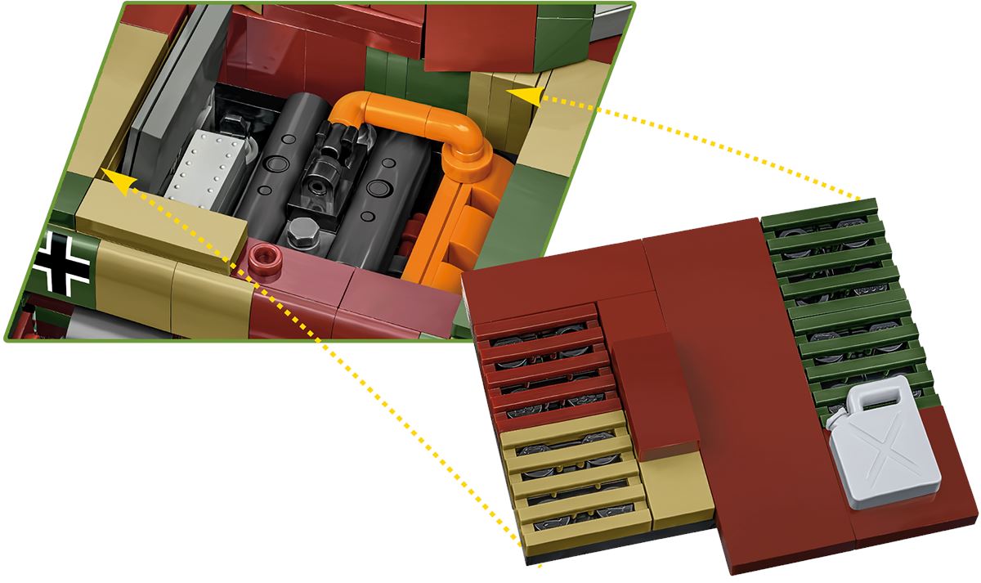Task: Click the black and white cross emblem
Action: (63, 262)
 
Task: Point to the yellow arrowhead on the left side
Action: (114, 182)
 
